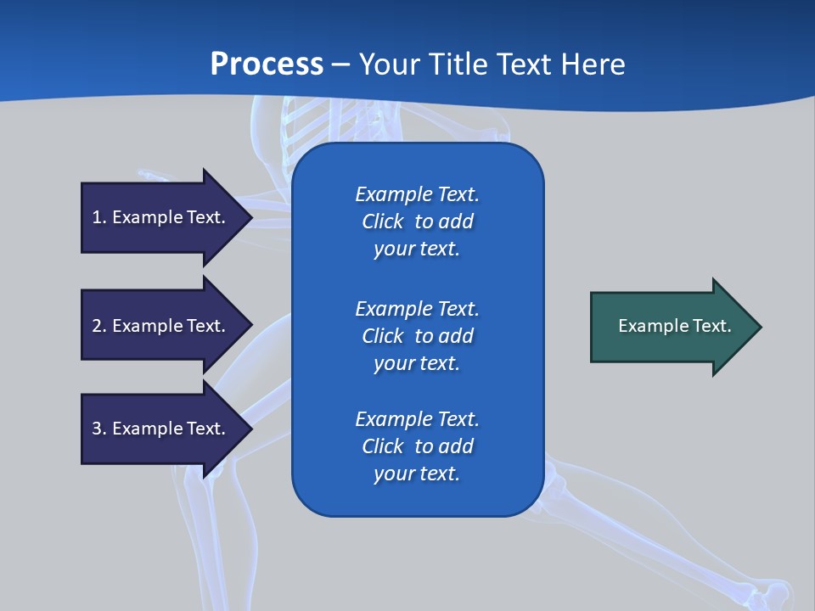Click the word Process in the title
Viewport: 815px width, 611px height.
pyautogui.click(x=267, y=64)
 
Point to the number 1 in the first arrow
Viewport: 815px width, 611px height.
pyautogui.click(x=97, y=217)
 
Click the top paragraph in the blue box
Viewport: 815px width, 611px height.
pyautogui.click(x=417, y=221)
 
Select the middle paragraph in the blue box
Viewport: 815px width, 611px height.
pyautogui.click(x=417, y=336)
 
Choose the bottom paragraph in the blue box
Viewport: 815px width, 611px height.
pyautogui.click(x=417, y=446)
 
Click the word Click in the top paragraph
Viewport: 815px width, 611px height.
pyautogui.click(x=382, y=221)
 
